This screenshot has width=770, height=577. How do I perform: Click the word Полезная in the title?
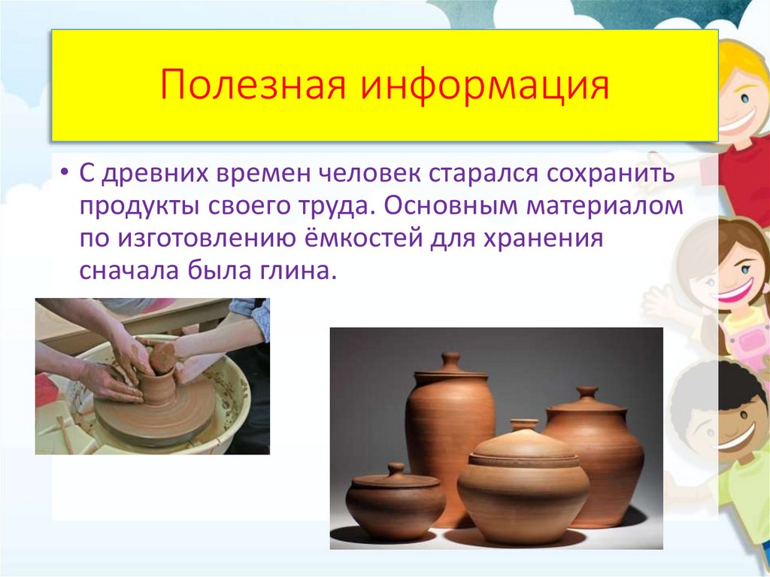point(253,85)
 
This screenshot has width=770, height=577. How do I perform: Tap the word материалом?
point(605,206)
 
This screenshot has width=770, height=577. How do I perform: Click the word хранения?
point(544,239)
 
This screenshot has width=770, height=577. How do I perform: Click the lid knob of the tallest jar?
point(450,361)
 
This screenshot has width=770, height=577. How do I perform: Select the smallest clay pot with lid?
point(395,500)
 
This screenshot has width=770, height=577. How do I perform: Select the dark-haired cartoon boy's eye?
point(742,415)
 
